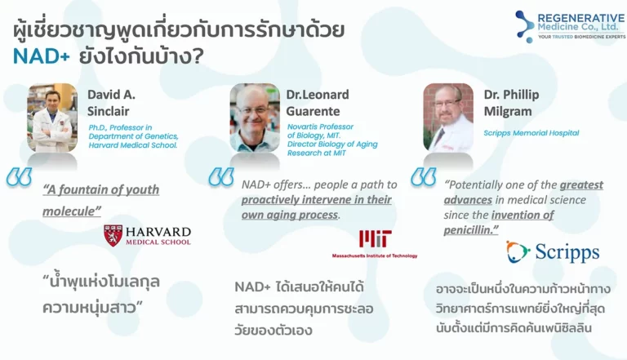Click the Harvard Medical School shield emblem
pos(113,235)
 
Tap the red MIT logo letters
pos(375,239)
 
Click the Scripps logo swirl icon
pos(518,251)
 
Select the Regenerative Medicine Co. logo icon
pos(525,26)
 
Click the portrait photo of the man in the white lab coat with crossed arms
pos(52,118)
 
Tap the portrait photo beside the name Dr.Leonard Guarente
pos(255,118)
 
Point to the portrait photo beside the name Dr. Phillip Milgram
pos(448,118)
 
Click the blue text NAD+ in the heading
pos(42,56)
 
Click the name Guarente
pos(313,111)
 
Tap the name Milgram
pos(508,111)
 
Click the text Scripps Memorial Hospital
pos(531,133)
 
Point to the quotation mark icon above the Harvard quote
pos(19,177)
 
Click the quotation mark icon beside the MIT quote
pos(221,177)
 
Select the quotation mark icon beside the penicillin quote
pos(424,177)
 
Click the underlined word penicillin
pos(468,230)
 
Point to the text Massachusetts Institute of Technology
pos(375,256)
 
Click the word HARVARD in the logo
pos(158,232)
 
